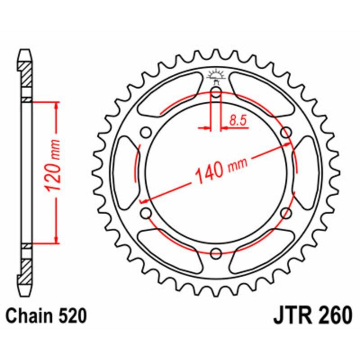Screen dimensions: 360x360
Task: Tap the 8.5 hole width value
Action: coord(237,120)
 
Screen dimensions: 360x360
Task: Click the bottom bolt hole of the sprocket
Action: coord(216,253)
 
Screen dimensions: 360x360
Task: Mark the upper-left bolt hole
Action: coord(146,132)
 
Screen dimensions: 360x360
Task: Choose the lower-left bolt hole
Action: coord(146,213)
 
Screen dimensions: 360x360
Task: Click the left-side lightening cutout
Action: coord(125,173)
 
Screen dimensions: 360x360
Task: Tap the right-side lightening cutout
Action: coord(307,173)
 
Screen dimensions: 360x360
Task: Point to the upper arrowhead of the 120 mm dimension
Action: coord(56,106)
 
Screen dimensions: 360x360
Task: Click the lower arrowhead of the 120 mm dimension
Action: coord(56,239)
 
